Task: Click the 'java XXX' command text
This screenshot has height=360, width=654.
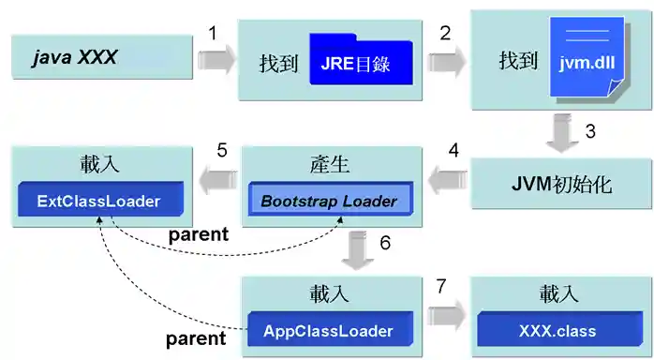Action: click(x=74, y=57)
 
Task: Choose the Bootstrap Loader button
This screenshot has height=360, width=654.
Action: click(x=328, y=201)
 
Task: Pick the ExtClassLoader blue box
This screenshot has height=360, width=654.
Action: click(x=98, y=202)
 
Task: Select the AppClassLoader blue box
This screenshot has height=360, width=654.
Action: click(x=327, y=330)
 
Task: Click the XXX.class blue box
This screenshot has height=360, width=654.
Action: click(x=559, y=331)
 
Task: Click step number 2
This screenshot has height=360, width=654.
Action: click(x=445, y=33)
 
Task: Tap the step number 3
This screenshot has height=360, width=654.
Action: click(x=590, y=132)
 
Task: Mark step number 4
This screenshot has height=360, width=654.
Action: click(x=453, y=151)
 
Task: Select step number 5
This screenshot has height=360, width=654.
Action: click(x=222, y=151)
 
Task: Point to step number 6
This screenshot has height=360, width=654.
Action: click(x=385, y=243)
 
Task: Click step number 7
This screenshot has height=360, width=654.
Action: click(x=444, y=284)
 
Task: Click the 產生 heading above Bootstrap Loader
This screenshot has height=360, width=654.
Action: click(x=329, y=166)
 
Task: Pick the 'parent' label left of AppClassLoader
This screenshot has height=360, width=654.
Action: click(x=196, y=337)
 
